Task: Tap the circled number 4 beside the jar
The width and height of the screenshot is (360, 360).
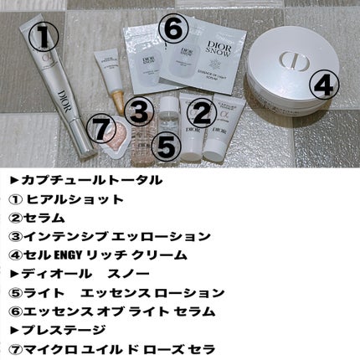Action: point(326,84)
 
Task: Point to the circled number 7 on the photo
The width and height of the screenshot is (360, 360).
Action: point(100,131)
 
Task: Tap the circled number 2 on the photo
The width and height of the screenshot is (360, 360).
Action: point(200,112)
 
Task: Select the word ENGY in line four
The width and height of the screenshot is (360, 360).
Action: point(71,255)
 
